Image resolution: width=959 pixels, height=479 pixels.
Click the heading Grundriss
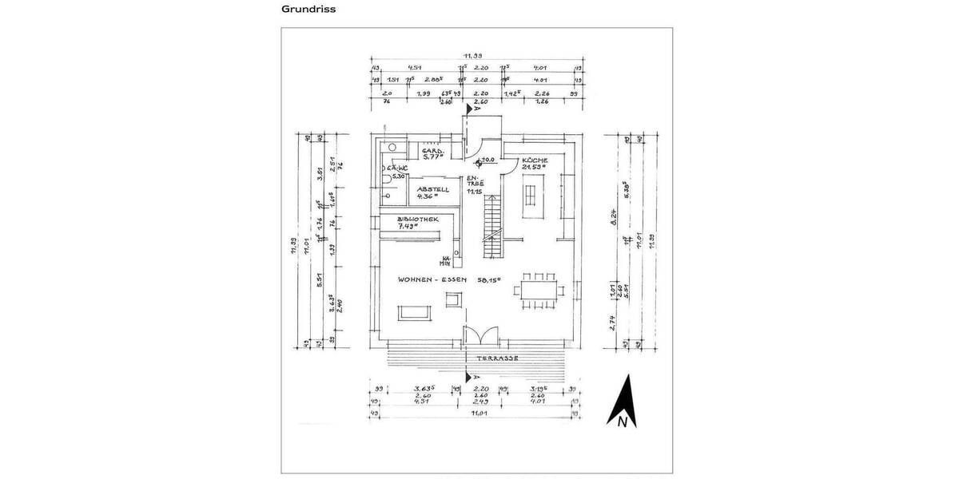coord(308,10)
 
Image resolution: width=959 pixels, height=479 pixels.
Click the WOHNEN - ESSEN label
coord(436,281)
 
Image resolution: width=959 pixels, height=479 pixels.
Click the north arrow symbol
coord(622,404)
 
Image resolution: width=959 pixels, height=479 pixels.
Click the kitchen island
coord(531,196)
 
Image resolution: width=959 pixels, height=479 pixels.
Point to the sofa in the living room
coord(414,311)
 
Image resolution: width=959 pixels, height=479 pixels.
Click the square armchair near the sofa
coord(453,299)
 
